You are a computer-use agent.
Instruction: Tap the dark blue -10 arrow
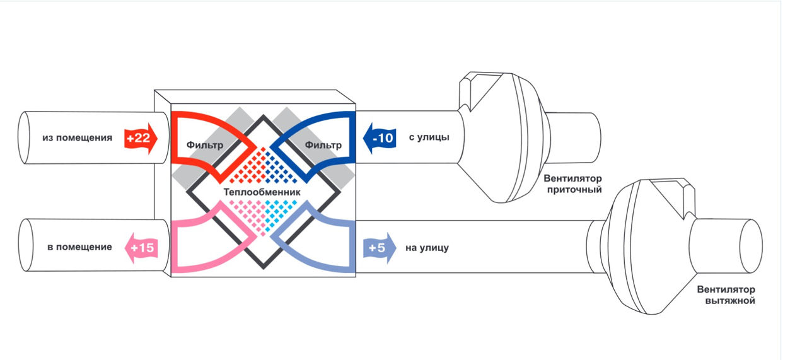(x=380, y=138)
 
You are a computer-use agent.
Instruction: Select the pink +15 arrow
(x=141, y=248)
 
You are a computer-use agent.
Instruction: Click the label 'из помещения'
(x=78, y=137)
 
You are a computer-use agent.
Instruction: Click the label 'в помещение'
(x=80, y=247)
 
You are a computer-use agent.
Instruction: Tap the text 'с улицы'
(x=429, y=137)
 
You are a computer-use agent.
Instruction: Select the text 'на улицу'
(x=427, y=248)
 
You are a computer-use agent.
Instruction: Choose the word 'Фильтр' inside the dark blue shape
(x=323, y=145)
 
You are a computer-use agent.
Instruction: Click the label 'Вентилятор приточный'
(x=572, y=184)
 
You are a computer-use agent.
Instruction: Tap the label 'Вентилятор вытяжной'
(x=726, y=295)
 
